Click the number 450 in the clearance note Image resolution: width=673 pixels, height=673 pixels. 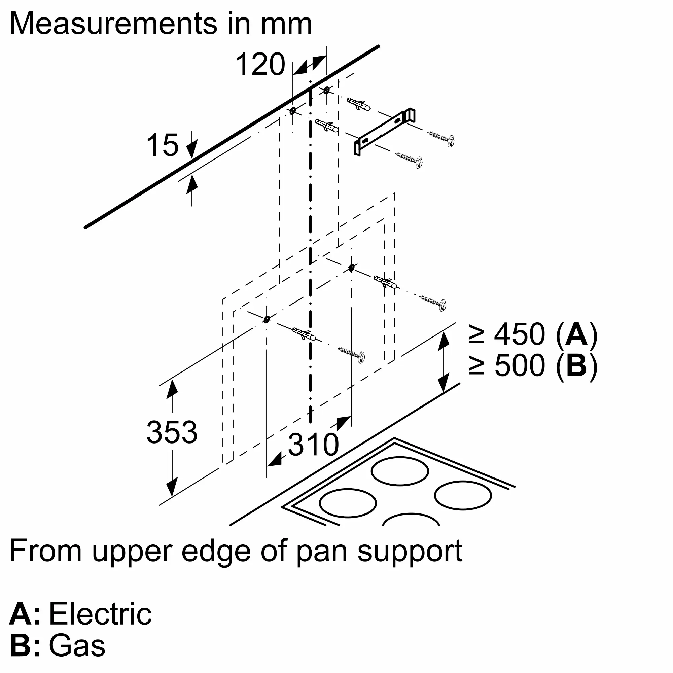[x=519, y=334]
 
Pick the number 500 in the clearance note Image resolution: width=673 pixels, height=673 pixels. [x=519, y=365]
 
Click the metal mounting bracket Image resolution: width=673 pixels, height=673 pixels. [x=385, y=132]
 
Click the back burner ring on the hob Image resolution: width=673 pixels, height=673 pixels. [x=400, y=471]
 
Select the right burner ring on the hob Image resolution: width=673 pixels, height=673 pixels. [x=463, y=496]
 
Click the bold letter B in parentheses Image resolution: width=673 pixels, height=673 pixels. [x=576, y=365]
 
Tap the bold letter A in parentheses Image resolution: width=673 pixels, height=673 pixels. [x=576, y=334]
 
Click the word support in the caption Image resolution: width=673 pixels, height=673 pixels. [x=410, y=552]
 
